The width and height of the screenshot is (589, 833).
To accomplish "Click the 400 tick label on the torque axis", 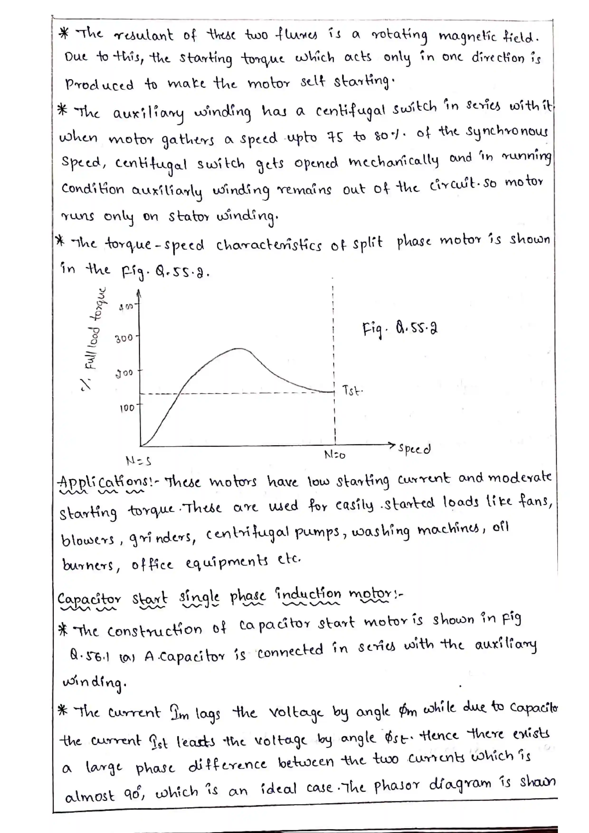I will pos(126,307).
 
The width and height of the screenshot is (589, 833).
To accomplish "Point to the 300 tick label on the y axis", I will pos(124,339).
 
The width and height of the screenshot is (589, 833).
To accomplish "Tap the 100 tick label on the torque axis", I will pos(127,408).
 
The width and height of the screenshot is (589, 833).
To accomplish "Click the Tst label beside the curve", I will pos(352,391).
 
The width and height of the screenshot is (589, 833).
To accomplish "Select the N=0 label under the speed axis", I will pos(334,455).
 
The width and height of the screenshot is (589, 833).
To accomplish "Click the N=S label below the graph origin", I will pos(138,461).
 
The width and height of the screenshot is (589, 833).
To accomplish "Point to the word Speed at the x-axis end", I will pos(414,449).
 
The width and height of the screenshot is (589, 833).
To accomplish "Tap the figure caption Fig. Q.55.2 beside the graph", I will pos(399,329).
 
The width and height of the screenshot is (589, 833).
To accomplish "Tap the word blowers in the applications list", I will pos(87,540).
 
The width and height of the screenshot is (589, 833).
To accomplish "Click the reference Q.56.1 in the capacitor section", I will pos(89,656).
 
